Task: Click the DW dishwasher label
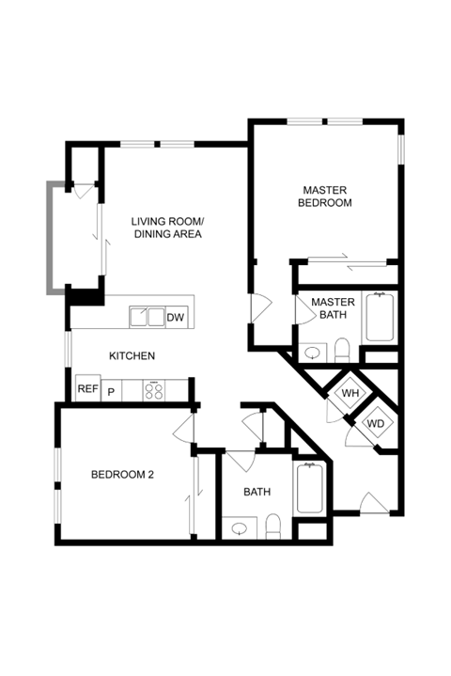pyautogui.click(x=176, y=317)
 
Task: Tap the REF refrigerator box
pyautogui.click(x=88, y=388)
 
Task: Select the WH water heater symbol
pyautogui.click(x=350, y=393)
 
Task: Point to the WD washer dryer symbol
pyautogui.click(x=375, y=423)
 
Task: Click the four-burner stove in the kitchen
pyautogui.click(x=154, y=390)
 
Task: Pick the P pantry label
pyautogui.click(x=111, y=392)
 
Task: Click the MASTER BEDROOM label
pyautogui.click(x=325, y=197)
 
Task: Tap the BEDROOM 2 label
pyautogui.click(x=122, y=475)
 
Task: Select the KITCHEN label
pyautogui.click(x=132, y=355)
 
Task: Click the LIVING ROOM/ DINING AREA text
pyautogui.click(x=167, y=228)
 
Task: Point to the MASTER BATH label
pyautogui.click(x=333, y=308)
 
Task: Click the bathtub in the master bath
pyautogui.click(x=380, y=317)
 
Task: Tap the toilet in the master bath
pyautogui.click(x=342, y=350)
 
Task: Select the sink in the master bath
pyautogui.click(x=313, y=354)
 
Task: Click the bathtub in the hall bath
pyautogui.click(x=308, y=488)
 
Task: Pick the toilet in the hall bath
pyautogui.click(x=273, y=527)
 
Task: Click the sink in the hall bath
pyautogui.click(x=239, y=528)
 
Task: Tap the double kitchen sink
pyautogui.click(x=148, y=317)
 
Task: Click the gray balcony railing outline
pyautogui.click(x=52, y=238)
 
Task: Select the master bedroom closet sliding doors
pyautogui.click(x=348, y=261)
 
